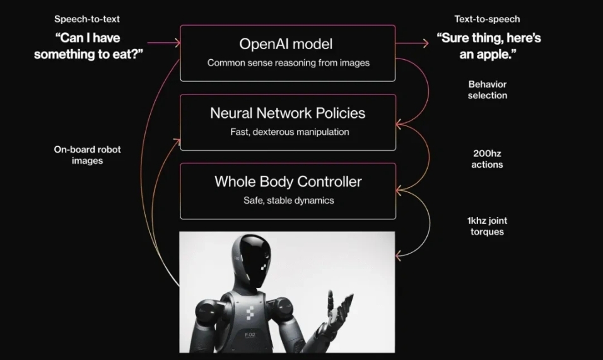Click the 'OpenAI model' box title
[286, 44]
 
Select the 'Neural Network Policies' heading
[288, 113]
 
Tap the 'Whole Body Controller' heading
[288, 182]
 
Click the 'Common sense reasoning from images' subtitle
[288, 63]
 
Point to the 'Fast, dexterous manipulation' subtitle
[290, 132]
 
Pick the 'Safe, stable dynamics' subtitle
[289, 200]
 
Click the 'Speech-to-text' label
[87, 19]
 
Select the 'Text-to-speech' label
[487, 19]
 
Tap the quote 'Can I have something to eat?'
[88, 46]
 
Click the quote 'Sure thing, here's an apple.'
[489, 46]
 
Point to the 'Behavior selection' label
[487, 90]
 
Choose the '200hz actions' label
[487, 158]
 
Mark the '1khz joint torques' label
[487, 226]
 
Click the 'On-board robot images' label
[87, 155]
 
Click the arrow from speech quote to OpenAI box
[166, 44]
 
